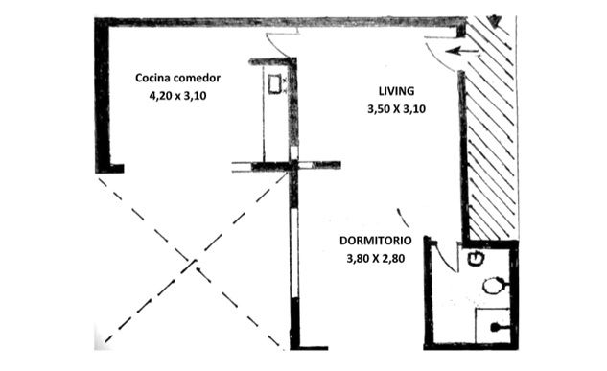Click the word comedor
[197, 78]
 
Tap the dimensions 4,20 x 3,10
[177, 95]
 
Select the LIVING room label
[396, 91]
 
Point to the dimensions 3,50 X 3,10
[396, 109]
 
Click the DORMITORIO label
[376, 241]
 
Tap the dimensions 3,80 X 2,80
[376, 258]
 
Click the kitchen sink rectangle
[275, 84]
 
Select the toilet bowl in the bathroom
[493, 286]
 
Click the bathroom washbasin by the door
[477, 258]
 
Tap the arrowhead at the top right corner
[495, 20]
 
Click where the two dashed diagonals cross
[192, 263]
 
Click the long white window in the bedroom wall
[294, 253]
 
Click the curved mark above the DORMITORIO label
[403, 218]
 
